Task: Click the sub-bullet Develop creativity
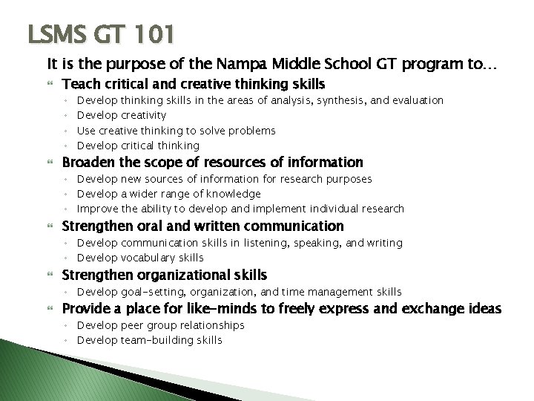[x=122, y=115]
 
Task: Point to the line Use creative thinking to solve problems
[x=177, y=131]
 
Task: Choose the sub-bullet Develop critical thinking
[x=139, y=146]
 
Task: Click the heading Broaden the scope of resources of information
[x=212, y=163]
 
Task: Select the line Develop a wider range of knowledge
[x=169, y=194]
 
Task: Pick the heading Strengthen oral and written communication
[x=202, y=226]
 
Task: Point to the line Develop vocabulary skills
[x=140, y=258]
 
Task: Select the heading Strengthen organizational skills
[x=164, y=275]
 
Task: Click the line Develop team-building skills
[x=149, y=340]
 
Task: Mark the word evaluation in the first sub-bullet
[x=417, y=100]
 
